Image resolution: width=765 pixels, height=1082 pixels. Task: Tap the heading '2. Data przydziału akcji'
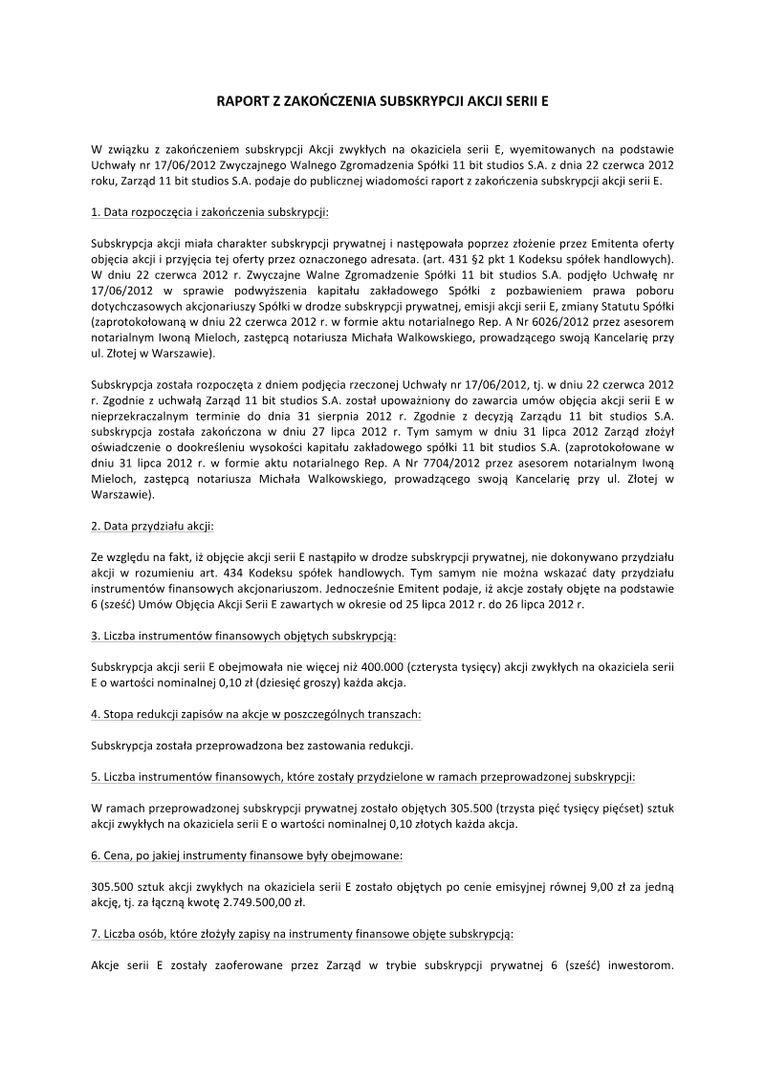[x=152, y=526]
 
